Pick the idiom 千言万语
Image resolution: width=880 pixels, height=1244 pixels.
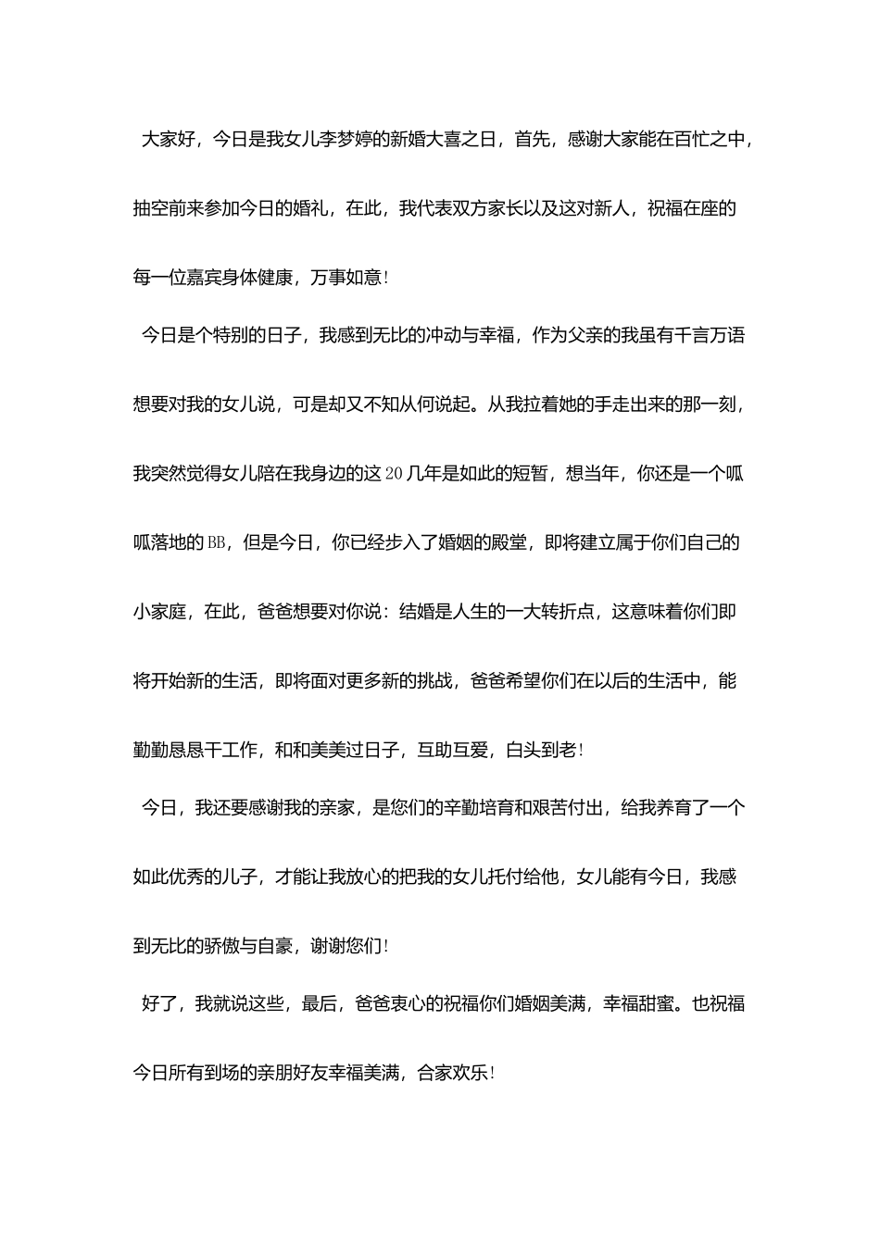pos(710,335)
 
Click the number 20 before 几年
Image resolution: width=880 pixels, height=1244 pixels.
pos(393,474)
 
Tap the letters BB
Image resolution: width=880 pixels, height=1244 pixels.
pos(216,543)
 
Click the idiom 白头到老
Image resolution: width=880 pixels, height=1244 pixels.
pos(542,751)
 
